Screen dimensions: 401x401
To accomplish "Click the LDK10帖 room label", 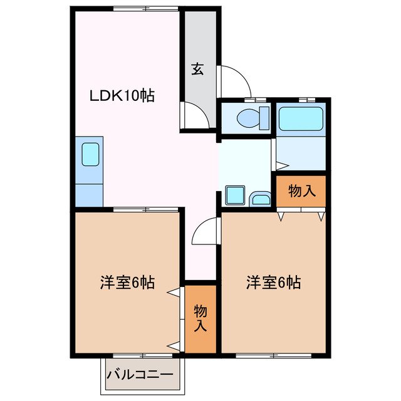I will pos(122,96).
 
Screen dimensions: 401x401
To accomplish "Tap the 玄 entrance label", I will pos(197,70).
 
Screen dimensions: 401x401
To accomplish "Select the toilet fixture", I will pos(251,117).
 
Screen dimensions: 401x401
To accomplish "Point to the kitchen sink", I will pos(90,154).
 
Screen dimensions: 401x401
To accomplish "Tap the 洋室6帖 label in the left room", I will pos(127,283).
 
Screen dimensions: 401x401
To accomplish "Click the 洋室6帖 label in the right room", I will pos(273,283).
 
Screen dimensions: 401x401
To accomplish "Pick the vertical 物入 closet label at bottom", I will pos(200,318).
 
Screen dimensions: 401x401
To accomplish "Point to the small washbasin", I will pos(260,200).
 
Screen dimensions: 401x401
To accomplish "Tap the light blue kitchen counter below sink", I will pos(89,194).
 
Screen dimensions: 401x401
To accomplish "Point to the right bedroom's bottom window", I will pos(273,355).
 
